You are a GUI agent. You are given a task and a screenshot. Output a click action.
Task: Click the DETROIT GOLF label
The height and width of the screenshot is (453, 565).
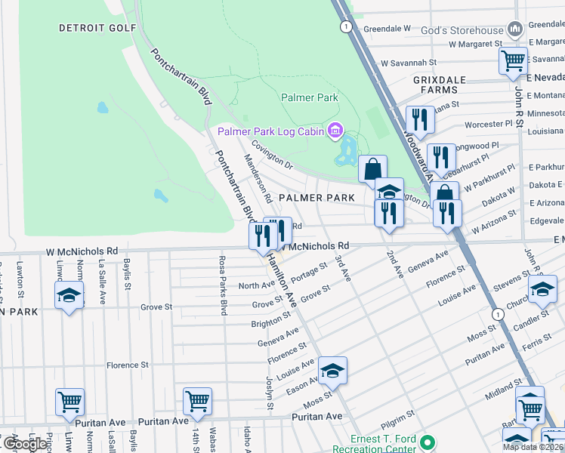[x=98, y=28]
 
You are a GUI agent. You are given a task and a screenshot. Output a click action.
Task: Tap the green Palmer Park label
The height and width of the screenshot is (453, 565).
[x=310, y=97]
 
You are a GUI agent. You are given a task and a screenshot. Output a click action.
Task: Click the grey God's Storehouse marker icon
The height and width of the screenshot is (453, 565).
[x=516, y=29]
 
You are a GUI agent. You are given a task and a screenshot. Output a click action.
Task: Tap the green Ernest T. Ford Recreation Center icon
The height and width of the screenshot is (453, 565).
[x=428, y=442]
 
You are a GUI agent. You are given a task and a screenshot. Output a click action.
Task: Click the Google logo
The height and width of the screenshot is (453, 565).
[x=24, y=444]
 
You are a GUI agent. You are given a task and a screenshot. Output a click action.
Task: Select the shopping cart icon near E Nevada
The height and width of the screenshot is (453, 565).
[x=514, y=60]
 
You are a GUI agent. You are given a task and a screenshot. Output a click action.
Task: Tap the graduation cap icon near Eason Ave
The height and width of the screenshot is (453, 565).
[x=332, y=370]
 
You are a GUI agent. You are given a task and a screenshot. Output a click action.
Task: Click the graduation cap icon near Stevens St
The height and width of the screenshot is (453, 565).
[x=542, y=288]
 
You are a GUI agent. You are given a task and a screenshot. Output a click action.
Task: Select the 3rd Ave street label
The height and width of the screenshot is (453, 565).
[x=344, y=269]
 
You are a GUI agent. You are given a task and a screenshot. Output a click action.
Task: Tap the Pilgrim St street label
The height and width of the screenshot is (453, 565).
[x=400, y=417]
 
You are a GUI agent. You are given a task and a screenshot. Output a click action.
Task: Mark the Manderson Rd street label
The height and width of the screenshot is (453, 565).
[x=258, y=178]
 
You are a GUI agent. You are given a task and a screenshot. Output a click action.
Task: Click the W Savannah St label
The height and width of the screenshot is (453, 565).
[x=409, y=63]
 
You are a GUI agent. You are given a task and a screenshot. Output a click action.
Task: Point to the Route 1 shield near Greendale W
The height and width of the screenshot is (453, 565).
[x=346, y=26]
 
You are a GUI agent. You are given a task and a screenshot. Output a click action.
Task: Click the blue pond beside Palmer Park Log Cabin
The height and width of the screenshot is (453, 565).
[x=348, y=152]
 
